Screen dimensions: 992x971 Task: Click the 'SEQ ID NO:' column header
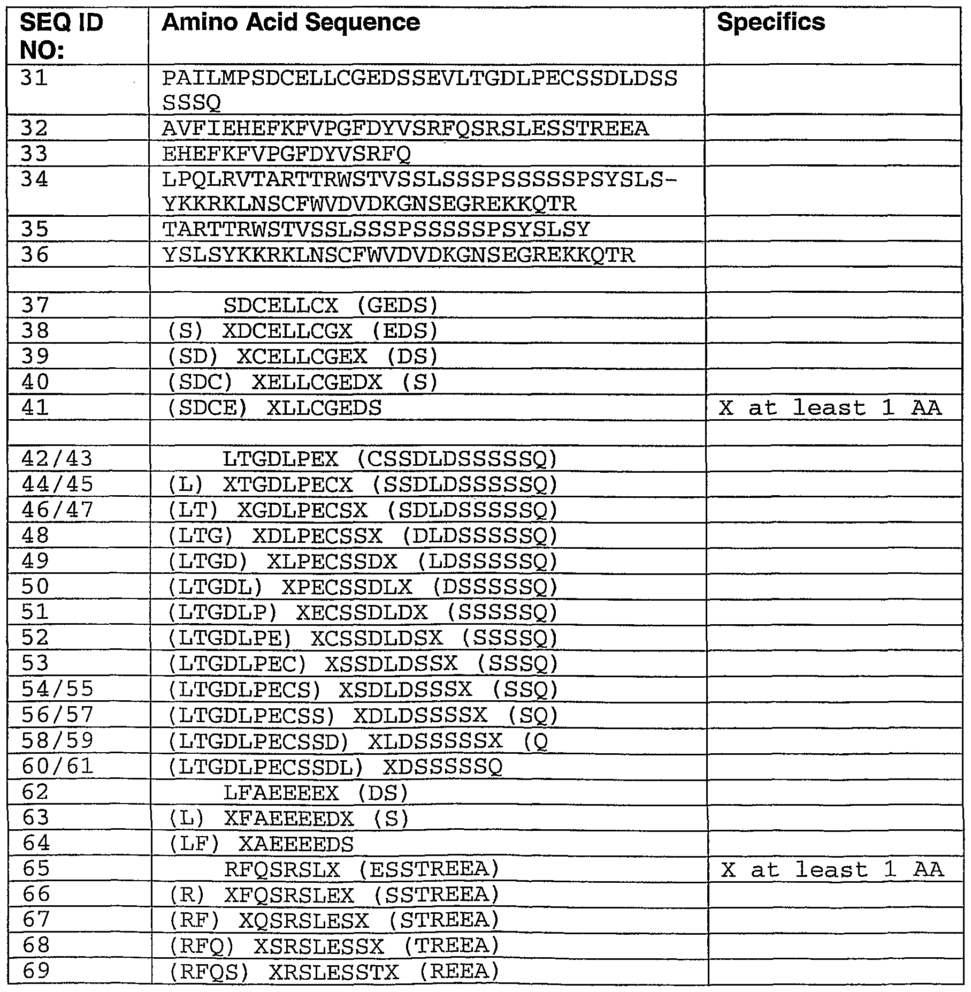tap(61, 36)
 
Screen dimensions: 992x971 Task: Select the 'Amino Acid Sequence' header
tap(290, 22)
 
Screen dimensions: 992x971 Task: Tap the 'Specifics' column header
tap(770, 22)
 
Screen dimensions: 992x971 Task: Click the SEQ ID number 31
tap(34, 78)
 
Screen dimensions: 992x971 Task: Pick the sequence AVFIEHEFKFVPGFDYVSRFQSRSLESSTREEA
tap(405, 128)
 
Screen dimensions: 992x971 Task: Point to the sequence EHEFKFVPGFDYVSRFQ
tap(286, 154)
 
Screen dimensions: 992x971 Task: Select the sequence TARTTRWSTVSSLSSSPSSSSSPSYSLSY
tap(376, 229)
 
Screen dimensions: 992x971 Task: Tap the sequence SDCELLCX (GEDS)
tap(331, 305)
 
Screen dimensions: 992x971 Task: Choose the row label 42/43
tap(57, 458)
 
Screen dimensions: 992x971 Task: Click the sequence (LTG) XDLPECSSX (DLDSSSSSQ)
tap(363, 535)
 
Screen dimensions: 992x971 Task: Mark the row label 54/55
tap(57, 689)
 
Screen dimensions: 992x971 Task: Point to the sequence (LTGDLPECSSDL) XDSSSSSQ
tap(335, 767)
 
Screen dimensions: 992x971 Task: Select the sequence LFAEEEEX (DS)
tap(316, 792)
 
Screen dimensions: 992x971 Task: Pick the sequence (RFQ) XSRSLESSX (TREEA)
tap(334, 945)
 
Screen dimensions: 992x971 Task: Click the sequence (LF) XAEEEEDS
tap(261, 844)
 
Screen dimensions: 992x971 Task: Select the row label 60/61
tap(57, 766)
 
